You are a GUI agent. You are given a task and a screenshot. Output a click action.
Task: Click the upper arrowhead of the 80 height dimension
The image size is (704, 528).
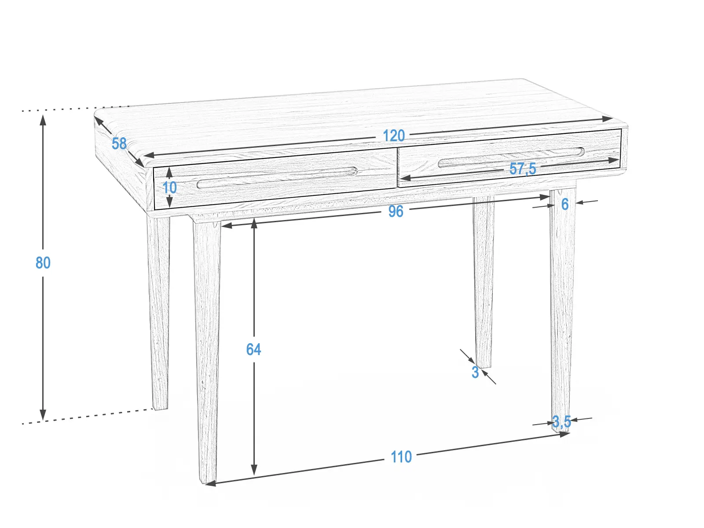click(43, 120)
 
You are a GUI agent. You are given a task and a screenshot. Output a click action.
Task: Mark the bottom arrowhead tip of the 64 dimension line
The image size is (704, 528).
click(254, 475)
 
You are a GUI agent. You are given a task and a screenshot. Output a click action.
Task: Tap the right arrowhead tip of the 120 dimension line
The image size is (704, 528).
click(613, 118)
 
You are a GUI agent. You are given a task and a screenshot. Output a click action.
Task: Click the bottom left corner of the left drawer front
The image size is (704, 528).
click(155, 209)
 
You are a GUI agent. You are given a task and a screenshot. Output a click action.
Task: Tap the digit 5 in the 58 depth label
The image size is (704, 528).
click(115, 143)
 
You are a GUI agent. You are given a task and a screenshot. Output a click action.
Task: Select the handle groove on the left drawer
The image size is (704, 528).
click(278, 178)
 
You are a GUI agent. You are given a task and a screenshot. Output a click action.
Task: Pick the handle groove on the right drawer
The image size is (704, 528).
click(511, 158)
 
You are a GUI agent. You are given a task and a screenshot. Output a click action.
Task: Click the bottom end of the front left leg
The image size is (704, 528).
click(208, 481)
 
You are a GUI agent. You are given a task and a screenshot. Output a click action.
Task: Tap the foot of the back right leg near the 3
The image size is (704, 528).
click(483, 365)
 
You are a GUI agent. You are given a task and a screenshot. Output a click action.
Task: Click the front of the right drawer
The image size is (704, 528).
click(510, 158)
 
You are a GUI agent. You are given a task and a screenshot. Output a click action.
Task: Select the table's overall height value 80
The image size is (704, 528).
click(43, 263)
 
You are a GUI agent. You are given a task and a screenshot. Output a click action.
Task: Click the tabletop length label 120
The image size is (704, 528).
click(394, 136)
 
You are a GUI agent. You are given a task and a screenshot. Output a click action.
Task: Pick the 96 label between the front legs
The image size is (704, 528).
click(396, 211)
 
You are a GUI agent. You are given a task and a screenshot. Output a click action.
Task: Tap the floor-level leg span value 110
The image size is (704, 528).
click(401, 457)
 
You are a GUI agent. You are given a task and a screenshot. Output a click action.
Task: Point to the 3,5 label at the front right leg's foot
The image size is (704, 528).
click(561, 422)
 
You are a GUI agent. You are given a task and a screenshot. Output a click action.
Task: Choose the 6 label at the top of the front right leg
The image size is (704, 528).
click(565, 204)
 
